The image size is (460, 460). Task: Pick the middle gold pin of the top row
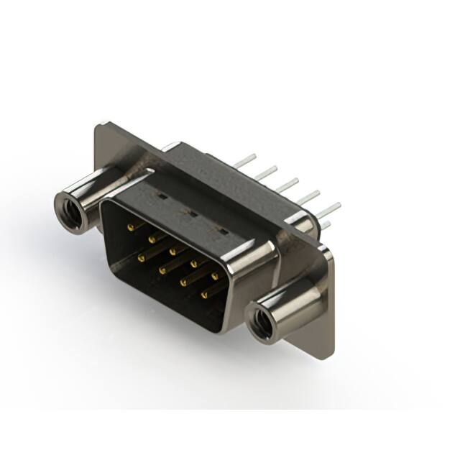coord(173,252)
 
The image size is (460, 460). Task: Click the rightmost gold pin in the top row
coord(214,276)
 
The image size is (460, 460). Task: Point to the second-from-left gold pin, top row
coord(152,239)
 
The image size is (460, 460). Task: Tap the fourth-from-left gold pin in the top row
coord(194,264)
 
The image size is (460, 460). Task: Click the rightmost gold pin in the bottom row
coord(204,293)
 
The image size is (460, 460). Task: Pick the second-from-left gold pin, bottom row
coord(163,268)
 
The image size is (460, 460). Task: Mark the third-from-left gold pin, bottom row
coord(183,281)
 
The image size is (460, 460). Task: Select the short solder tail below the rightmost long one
coord(325,226)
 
